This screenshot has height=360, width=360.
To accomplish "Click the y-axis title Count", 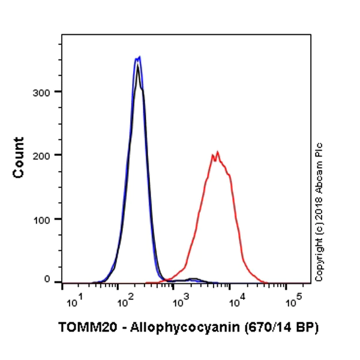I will [19, 157].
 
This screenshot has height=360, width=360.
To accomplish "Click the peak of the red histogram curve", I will [217, 152].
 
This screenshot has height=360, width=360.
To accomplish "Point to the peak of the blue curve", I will [139, 57].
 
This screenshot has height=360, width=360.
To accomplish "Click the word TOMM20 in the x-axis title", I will [82, 328].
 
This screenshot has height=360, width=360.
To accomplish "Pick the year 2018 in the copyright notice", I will [319, 215].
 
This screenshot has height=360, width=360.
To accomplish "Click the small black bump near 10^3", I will [193, 279].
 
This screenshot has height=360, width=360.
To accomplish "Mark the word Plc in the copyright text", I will [319, 150].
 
